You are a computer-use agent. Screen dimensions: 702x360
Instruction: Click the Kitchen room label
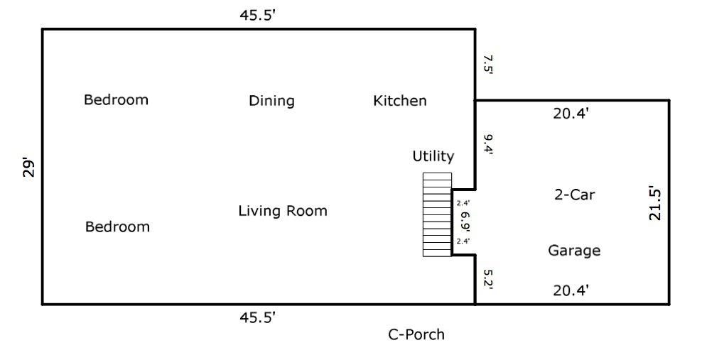coord(400,100)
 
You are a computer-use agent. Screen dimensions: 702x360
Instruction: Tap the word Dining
coord(271,101)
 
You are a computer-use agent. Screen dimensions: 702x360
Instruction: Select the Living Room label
coord(283,211)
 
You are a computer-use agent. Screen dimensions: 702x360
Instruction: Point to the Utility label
coord(433,156)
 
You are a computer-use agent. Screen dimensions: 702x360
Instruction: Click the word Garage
coord(574,251)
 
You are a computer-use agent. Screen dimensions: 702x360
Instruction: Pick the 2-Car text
coord(574,195)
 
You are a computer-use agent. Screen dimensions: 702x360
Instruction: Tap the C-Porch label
coord(416,334)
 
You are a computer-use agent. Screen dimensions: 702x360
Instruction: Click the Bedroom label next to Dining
coord(116,99)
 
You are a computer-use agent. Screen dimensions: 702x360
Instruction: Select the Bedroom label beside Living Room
coord(117,227)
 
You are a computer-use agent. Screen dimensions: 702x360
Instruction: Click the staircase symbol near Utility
coord(438,214)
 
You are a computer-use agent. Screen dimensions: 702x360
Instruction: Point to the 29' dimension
coord(28,168)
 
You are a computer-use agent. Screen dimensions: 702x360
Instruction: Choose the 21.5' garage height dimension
coord(654,204)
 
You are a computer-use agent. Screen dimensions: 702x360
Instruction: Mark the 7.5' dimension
coord(487,65)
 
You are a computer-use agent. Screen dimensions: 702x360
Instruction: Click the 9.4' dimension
coord(487,144)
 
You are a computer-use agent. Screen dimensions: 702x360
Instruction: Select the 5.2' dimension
coord(487,280)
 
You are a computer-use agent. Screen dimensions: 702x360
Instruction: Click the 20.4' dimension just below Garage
coord(571,290)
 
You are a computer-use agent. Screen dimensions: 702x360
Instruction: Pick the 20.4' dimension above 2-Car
coord(571,114)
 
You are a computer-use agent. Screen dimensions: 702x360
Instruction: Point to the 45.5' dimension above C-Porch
coord(257,317)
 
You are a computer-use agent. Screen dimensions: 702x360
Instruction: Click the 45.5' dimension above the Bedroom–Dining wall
coord(257,15)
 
